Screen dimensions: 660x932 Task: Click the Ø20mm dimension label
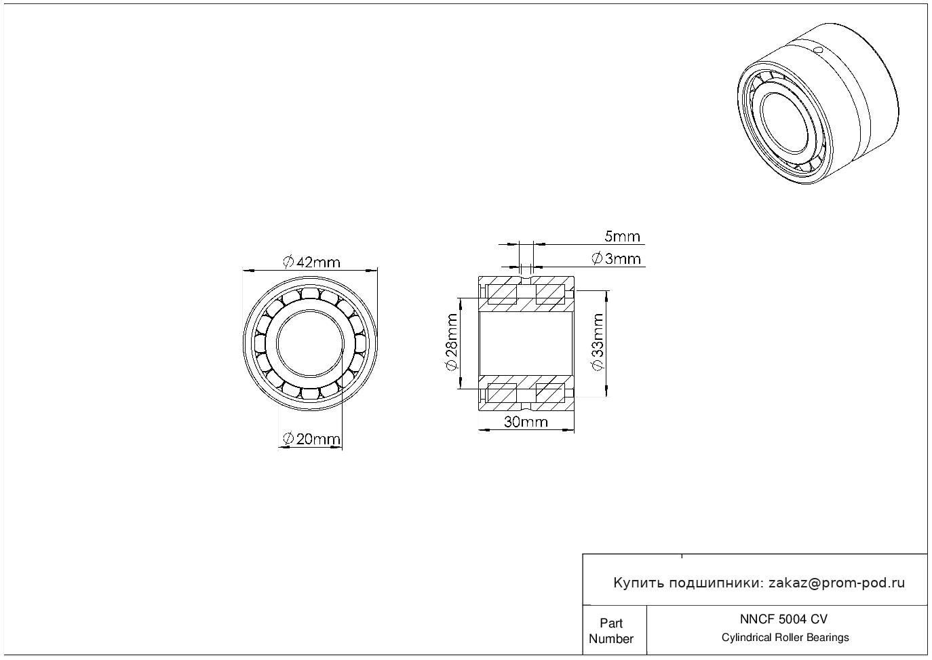[x=311, y=440]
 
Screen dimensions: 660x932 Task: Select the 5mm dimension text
[x=622, y=237]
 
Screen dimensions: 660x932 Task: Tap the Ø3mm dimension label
[x=616, y=259]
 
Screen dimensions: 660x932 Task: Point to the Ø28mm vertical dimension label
[x=450, y=343]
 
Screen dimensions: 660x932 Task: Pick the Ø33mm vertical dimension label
[x=598, y=343]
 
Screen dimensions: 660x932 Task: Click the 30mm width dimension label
[x=525, y=423]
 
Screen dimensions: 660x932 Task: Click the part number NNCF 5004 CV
[x=783, y=619]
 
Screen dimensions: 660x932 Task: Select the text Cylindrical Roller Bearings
[x=785, y=638]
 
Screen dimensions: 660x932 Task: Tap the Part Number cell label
[x=611, y=631]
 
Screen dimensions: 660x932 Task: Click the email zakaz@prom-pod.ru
[x=836, y=583]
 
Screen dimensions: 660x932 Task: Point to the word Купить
[x=638, y=583]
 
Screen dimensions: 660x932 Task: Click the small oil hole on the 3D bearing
[x=818, y=50]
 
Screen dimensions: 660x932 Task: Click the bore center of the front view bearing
[x=310, y=343]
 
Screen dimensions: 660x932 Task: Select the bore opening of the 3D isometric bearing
[x=784, y=121]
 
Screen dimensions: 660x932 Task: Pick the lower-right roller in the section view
[x=550, y=393]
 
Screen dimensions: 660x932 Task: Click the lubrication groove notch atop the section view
[x=526, y=278]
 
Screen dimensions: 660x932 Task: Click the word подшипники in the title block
[x=716, y=583]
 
